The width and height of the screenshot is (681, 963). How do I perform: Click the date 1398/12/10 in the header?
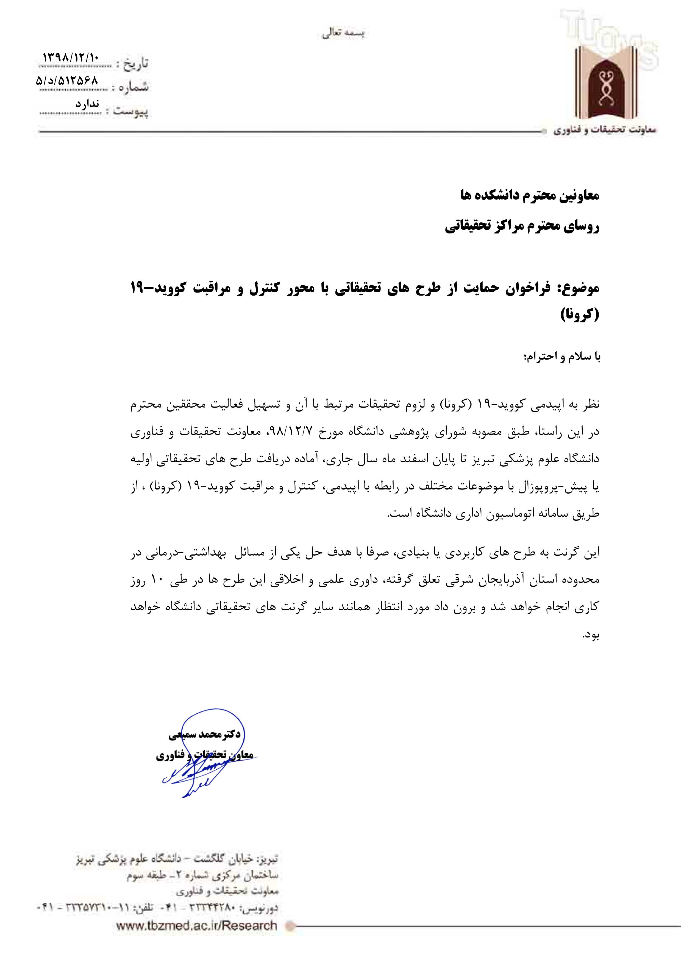(71, 57)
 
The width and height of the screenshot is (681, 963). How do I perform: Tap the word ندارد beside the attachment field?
(87, 104)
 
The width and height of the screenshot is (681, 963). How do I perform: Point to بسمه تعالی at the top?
(343, 34)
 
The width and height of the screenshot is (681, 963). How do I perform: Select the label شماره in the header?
(134, 87)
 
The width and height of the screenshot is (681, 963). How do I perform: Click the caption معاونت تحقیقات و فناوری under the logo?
(604, 130)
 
